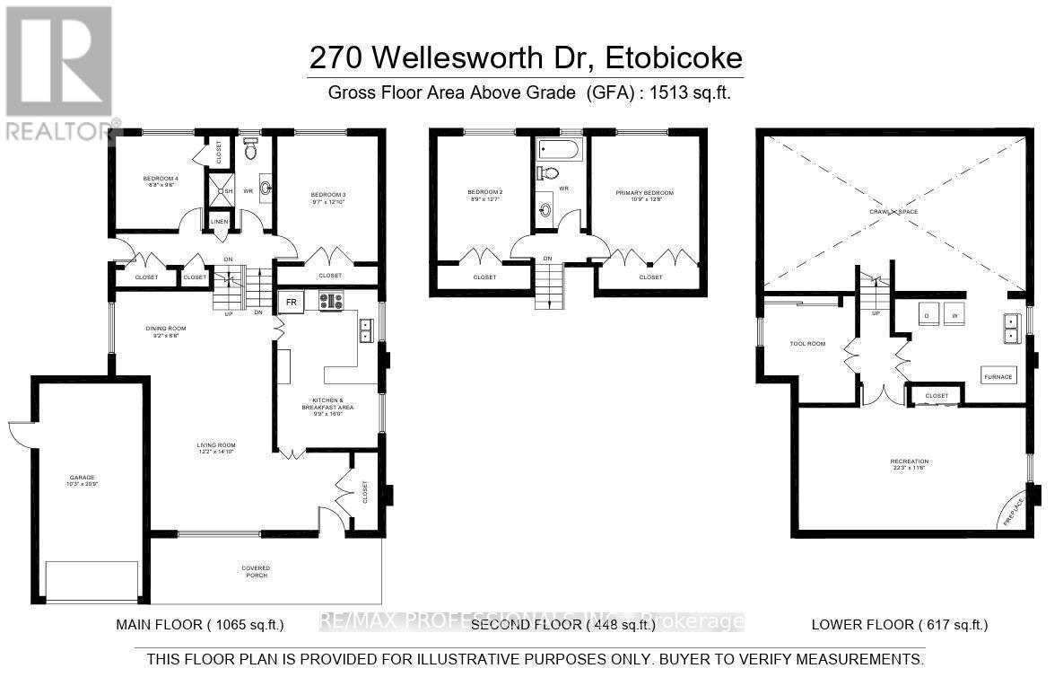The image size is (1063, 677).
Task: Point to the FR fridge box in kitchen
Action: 292,303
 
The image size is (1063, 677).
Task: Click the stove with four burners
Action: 331,302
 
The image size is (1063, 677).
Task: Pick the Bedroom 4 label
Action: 161,180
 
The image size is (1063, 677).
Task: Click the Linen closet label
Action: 220,220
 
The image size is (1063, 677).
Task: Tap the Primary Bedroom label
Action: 644,196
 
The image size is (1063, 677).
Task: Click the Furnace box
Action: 998,376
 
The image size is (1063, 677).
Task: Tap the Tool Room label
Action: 806,344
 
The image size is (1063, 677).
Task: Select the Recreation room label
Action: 909,464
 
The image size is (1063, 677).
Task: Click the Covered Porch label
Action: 256,571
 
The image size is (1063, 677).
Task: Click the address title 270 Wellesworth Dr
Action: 526,58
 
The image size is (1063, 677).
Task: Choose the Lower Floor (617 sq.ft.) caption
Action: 899,624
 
